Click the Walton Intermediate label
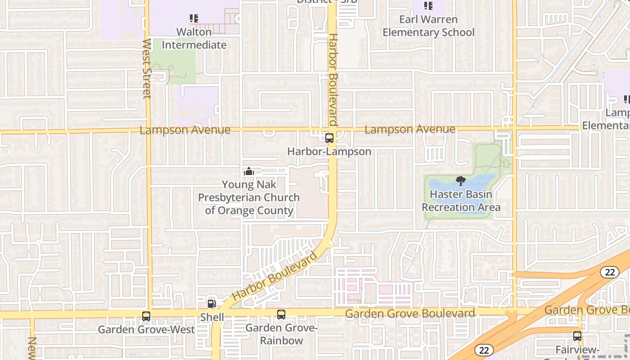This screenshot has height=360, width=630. [194, 39]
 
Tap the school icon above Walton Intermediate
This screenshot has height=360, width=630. [194, 18]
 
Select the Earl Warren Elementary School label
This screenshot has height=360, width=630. [428, 26]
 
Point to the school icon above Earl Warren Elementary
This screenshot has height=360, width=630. [428, 6]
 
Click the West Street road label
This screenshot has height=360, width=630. [147, 68]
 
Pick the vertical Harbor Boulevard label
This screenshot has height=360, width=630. [333, 80]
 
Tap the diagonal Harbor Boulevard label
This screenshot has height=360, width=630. [275, 276]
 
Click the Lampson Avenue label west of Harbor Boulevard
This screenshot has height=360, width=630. [185, 130]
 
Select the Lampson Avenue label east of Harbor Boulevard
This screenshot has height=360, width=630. [410, 130]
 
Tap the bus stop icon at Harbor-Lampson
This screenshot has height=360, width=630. [329, 138]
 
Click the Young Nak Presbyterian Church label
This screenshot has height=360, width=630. [249, 198]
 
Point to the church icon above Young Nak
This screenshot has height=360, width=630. [249, 171]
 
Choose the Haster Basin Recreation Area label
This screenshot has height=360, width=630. [461, 201]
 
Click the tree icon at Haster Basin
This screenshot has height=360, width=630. [460, 181]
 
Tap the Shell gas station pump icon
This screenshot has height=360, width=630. [211, 304]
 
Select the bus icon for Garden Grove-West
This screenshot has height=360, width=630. [146, 316]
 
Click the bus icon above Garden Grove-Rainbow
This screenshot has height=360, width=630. [281, 315]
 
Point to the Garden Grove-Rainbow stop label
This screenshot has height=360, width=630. [282, 334]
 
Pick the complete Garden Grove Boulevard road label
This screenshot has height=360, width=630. [410, 314]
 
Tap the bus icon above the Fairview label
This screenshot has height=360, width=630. [577, 336]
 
